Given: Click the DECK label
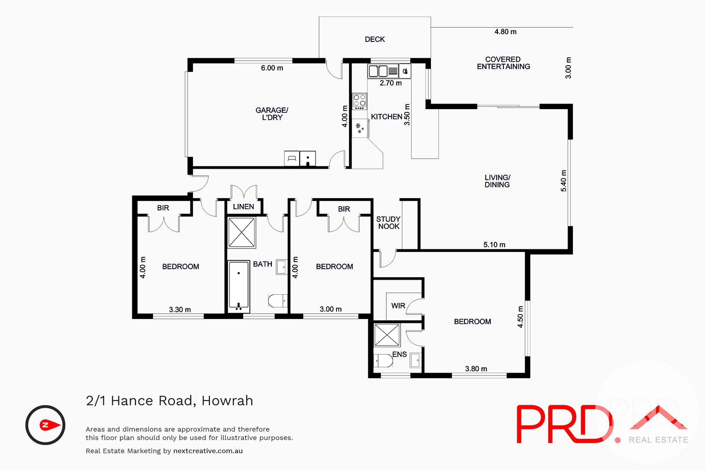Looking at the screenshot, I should pos(375,39).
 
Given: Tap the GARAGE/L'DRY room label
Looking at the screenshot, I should pos(272,114).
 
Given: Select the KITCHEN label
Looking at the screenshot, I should pos(386,117).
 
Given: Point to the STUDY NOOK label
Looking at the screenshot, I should pos(388,222).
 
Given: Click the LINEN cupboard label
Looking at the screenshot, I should pos(243,207).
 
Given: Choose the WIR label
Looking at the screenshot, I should pos(398,306).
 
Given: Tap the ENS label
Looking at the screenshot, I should pos(399,354).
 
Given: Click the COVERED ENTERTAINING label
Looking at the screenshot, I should pos(503,63).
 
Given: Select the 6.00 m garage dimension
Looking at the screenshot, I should pos(272,68).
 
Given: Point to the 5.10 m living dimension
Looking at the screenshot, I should pos(494,244).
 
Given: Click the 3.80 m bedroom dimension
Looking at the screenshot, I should pos(476,369).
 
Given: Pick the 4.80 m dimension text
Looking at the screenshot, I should pos(505,32).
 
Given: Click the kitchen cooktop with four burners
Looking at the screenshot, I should pos(360,101).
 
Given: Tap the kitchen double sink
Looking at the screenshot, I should pos(378,71).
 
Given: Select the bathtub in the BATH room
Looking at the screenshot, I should pos(239,285).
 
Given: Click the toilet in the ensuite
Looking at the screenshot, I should pos(383,361).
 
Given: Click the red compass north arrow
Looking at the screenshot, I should pos(50,425).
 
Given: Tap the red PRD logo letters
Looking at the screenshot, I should pos(564,424).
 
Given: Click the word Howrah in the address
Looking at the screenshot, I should pos(227,400).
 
